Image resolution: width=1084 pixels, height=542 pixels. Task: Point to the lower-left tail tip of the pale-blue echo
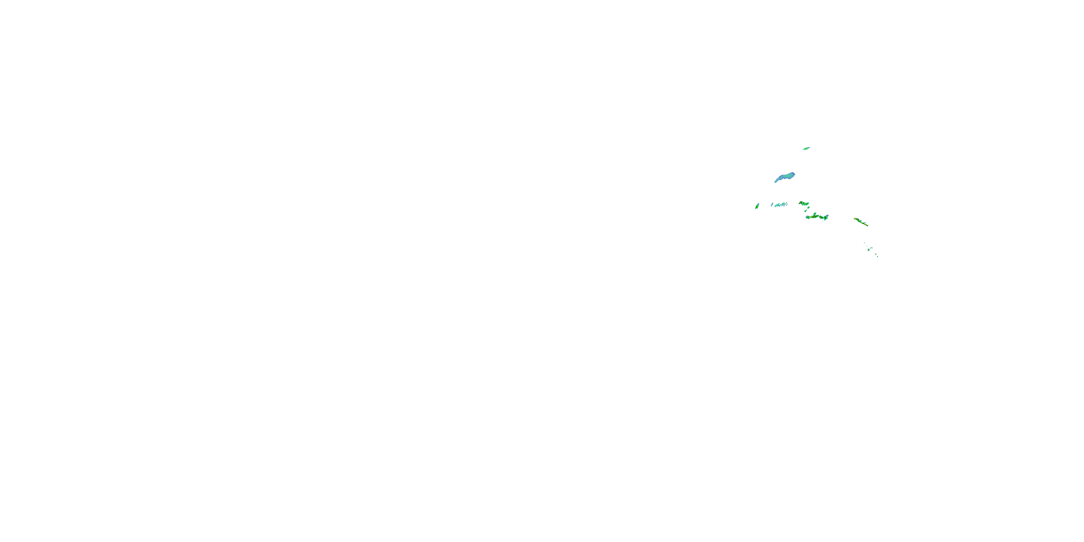click(775, 182)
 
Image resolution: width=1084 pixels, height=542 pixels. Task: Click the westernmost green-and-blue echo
click(757, 206)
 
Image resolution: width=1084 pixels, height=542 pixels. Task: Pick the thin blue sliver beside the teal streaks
click(772, 205)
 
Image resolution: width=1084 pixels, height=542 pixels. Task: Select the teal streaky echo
click(781, 205)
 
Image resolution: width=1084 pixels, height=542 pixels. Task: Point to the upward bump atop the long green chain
click(815, 214)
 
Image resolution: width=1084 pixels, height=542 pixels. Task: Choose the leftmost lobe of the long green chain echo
click(807, 218)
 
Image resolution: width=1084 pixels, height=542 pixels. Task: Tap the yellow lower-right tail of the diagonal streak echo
click(866, 225)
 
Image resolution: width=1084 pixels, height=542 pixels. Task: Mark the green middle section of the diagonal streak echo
click(861, 222)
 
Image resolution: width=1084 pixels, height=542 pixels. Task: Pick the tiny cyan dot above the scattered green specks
click(864, 243)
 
